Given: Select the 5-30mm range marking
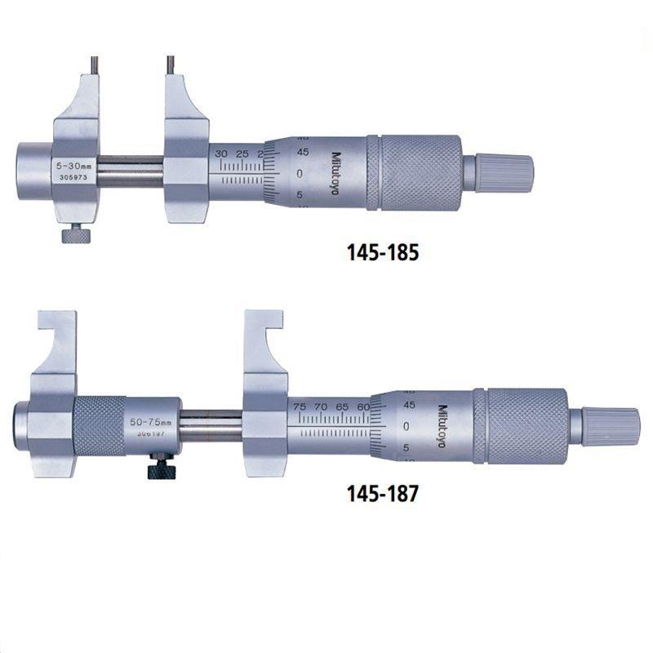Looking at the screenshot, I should (72, 165).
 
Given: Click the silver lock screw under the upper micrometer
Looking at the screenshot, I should (74, 234).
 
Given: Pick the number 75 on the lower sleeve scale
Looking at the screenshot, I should (300, 406).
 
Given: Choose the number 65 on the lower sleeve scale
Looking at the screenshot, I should (343, 406).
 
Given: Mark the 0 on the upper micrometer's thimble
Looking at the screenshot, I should (278, 173).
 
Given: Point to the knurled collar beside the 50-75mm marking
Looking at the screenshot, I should (99, 425).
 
